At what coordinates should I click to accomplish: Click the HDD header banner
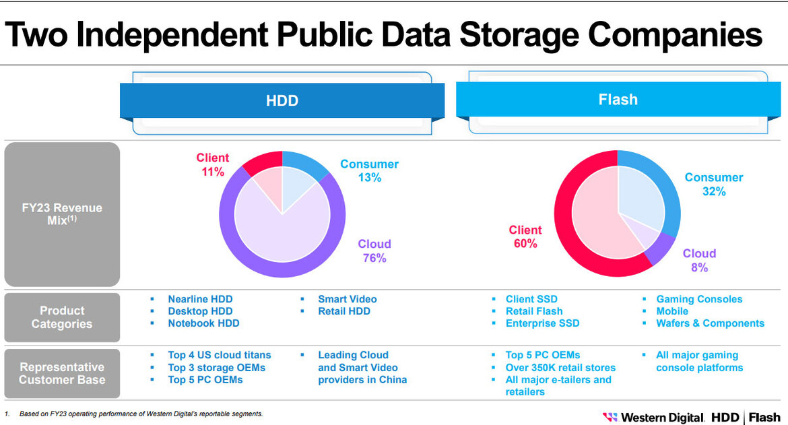coord(282,101)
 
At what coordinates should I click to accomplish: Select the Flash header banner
coord(618,100)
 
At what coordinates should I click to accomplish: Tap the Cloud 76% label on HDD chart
coord(374,251)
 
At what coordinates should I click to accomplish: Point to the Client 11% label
coord(212,165)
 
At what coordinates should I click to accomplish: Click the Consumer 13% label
coord(369,171)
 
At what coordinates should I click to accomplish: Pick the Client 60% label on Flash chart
coord(525,236)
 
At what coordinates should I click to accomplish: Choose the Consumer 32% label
coord(713,185)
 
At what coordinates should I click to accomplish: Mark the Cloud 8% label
coord(699,260)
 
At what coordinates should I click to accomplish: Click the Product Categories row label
coord(62,317)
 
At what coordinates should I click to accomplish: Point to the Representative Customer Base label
coord(62,373)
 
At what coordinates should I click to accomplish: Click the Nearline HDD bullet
coord(200,299)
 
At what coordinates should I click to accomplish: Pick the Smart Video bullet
coord(347,299)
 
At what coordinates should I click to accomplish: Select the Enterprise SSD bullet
coord(542,323)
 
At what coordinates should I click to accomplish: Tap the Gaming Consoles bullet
coord(699,299)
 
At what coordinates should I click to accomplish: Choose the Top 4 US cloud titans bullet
coord(219,355)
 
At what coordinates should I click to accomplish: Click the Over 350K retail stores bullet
coord(560,368)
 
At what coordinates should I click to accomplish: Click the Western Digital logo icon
coord(610,418)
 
